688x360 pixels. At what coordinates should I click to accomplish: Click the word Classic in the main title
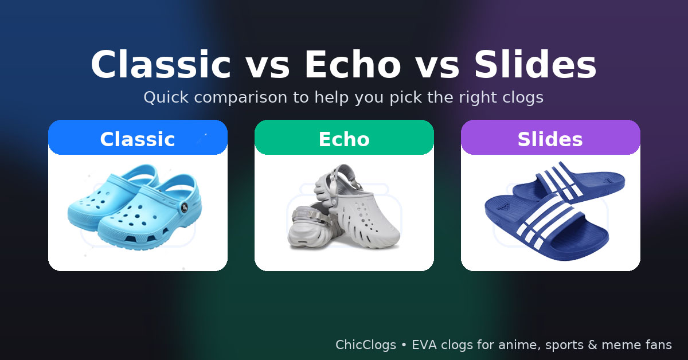[x=161, y=65]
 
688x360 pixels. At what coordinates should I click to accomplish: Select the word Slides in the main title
[x=535, y=65]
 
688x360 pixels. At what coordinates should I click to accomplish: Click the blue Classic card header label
[x=138, y=139]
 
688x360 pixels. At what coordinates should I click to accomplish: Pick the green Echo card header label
[x=344, y=139]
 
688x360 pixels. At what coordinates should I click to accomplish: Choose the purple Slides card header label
[x=550, y=139]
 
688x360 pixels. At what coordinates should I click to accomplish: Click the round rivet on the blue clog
[x=184, y=208]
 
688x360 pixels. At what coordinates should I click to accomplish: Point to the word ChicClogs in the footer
[x=366, y=345]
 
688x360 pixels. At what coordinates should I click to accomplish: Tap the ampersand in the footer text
[x=592, y=345]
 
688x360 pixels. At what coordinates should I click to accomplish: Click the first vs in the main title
[x=267, y=68]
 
